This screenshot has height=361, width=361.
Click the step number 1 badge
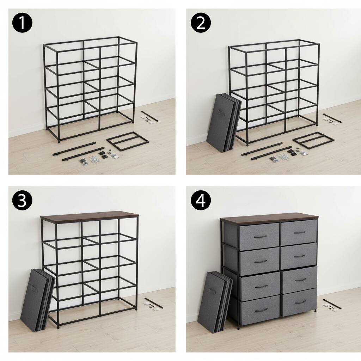[x=22, y=23]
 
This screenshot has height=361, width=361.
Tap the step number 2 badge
[x=201, y=23]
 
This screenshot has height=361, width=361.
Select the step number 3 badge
[x=22, y=201]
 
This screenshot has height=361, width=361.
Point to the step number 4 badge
[x=201, y=201]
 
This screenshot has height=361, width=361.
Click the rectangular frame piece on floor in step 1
[x=128, y=141]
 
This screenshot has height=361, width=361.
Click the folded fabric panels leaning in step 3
[x=37, y=300]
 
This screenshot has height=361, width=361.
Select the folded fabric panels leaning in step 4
[x=214, y=301]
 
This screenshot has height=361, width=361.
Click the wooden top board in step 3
[x=90, y=215]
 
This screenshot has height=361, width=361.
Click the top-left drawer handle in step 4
[x=260, y=237]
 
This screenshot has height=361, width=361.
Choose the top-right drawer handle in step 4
[x=300, y=233]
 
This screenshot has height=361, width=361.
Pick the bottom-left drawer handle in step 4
[x=261, y=310]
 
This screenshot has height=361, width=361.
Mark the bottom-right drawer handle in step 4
[x=300, y=302]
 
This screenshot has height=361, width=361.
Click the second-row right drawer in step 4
[x=299, y=256]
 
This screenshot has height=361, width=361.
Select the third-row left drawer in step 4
[x=260, y=286]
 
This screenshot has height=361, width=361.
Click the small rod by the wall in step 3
[x=154, y=302]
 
